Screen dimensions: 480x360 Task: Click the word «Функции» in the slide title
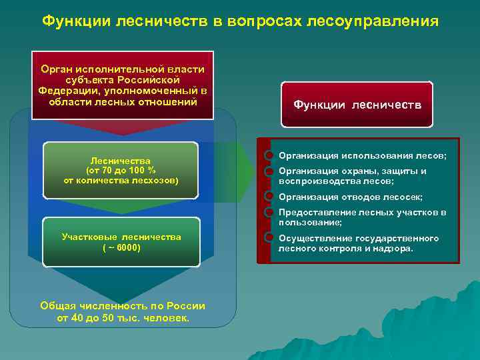(75, 21)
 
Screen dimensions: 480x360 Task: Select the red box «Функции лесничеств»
(357, 105)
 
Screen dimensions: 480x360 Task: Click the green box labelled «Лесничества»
(121, 170)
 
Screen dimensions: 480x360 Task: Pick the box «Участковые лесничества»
(121, 242)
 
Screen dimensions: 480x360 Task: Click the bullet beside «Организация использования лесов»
(269, 155)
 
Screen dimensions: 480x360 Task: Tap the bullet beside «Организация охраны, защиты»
(269, 171)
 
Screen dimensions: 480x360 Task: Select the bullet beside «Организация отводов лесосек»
(269, 197)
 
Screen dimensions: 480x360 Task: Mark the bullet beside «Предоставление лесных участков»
(269, 213)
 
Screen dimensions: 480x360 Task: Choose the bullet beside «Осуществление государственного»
(269, 237)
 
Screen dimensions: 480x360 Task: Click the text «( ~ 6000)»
(121, 247)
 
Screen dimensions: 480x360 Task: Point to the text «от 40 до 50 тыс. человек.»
(123, 318)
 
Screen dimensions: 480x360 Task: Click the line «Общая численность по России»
(123, 306)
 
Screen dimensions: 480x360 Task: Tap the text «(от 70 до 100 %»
(121, 170)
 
